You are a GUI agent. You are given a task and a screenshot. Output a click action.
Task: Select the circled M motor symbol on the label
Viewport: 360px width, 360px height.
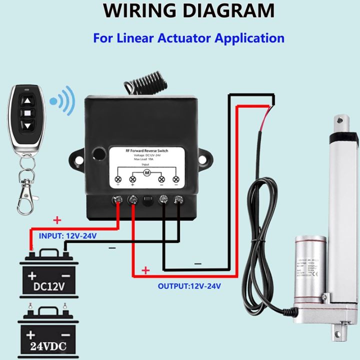coord(147,172)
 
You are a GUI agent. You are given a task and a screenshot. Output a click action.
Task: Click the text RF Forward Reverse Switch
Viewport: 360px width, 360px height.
coord(147,149)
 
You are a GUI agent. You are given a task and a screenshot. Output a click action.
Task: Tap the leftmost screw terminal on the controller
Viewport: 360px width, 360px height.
coord(118,201)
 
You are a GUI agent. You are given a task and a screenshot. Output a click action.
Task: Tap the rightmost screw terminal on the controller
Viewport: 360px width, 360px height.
coord(178,201)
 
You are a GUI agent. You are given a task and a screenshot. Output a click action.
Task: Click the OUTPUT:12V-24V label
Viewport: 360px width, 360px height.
coord(189,286)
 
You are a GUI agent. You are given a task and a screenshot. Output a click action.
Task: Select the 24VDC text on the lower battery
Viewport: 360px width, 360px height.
coord(47,345)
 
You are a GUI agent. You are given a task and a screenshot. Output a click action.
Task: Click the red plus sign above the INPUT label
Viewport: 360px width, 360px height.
coord(57,220)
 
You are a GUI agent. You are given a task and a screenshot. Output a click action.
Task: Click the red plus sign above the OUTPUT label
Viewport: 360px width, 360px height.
coord(145,271)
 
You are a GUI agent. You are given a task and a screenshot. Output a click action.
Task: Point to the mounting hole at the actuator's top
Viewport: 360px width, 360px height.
coord(341,119)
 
